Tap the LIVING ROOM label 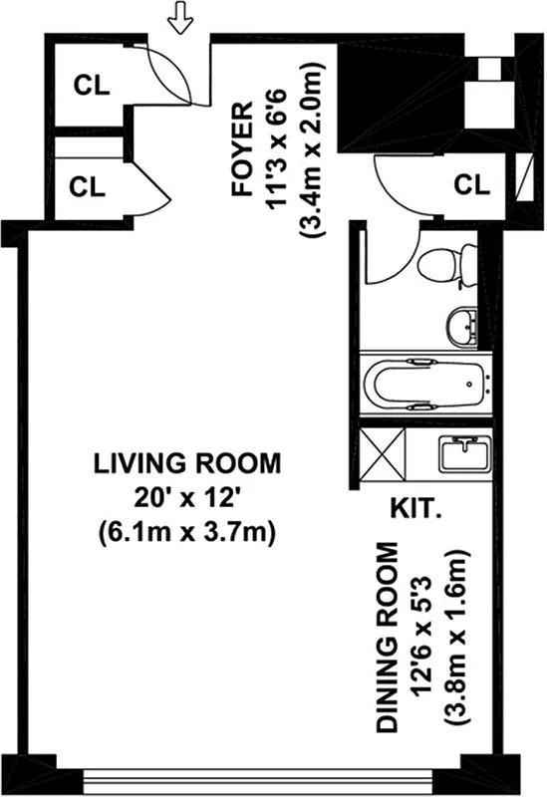click(x=187, y=464)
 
